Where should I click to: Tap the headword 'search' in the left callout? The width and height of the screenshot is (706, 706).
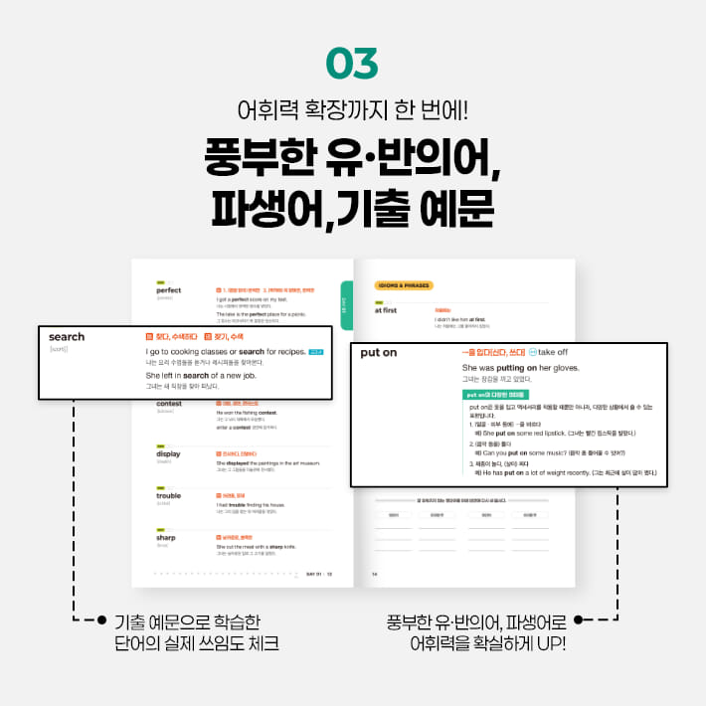[67, 337]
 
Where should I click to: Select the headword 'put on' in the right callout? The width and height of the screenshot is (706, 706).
[379, 353]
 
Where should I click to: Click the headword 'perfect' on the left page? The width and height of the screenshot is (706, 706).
[169, 290]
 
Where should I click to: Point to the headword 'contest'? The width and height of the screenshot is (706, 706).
[169, 404]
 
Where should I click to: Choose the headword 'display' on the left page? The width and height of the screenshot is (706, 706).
[168, 454]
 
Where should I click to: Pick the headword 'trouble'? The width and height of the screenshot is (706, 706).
[168, 495]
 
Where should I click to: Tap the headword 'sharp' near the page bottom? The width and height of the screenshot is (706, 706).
[166, 537]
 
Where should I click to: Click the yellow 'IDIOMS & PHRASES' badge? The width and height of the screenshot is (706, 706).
[403, 285]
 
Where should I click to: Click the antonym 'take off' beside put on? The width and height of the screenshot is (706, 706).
[553, 352]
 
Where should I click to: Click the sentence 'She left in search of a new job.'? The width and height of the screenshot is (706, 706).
[217, 376]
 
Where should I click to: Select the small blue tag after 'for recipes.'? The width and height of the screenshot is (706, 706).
[316, 351]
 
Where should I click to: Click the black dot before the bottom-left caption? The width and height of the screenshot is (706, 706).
[101, 621]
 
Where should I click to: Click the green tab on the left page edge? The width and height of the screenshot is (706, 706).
[346, 299]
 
